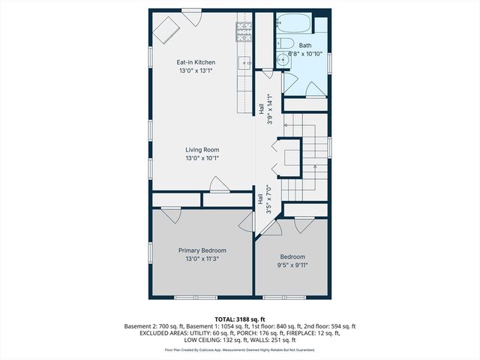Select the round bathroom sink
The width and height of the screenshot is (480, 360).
[x=281, y=60]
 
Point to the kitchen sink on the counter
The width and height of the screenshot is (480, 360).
[x=244, y=63]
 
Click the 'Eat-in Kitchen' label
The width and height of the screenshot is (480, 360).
[x=196, y=62]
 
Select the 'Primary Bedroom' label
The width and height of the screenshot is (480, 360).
[x=202, y=250]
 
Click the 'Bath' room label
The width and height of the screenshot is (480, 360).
[x=305, y=45]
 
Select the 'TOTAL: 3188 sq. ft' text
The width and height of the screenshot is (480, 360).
[x=240, y=319]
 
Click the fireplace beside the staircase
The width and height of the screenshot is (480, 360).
[x=289, y=157]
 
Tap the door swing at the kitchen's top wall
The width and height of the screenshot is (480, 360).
[x=192, y=17]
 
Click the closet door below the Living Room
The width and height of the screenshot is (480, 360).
[x=217, y=184]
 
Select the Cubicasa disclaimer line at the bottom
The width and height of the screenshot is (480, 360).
[x=240, y=349]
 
